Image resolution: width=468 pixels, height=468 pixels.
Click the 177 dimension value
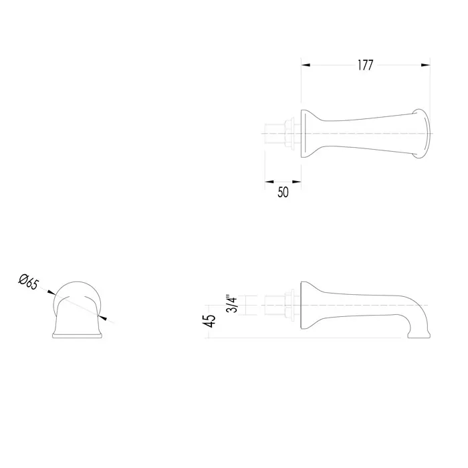(365, 65)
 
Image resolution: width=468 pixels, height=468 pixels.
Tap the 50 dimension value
(283, 193)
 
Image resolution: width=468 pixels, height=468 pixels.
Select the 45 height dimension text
(211, 321)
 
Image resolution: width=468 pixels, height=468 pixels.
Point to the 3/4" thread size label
(232, 304)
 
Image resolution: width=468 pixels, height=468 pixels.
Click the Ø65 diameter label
(29, 282)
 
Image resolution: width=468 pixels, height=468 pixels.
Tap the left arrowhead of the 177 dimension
(306, 65)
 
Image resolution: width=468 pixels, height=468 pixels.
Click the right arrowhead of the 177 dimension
(426, 65)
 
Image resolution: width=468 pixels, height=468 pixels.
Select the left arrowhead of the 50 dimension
(269, 181)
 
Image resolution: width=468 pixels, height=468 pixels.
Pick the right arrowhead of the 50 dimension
(297, 181)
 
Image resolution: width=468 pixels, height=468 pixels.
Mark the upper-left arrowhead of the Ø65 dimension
(51, 292)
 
